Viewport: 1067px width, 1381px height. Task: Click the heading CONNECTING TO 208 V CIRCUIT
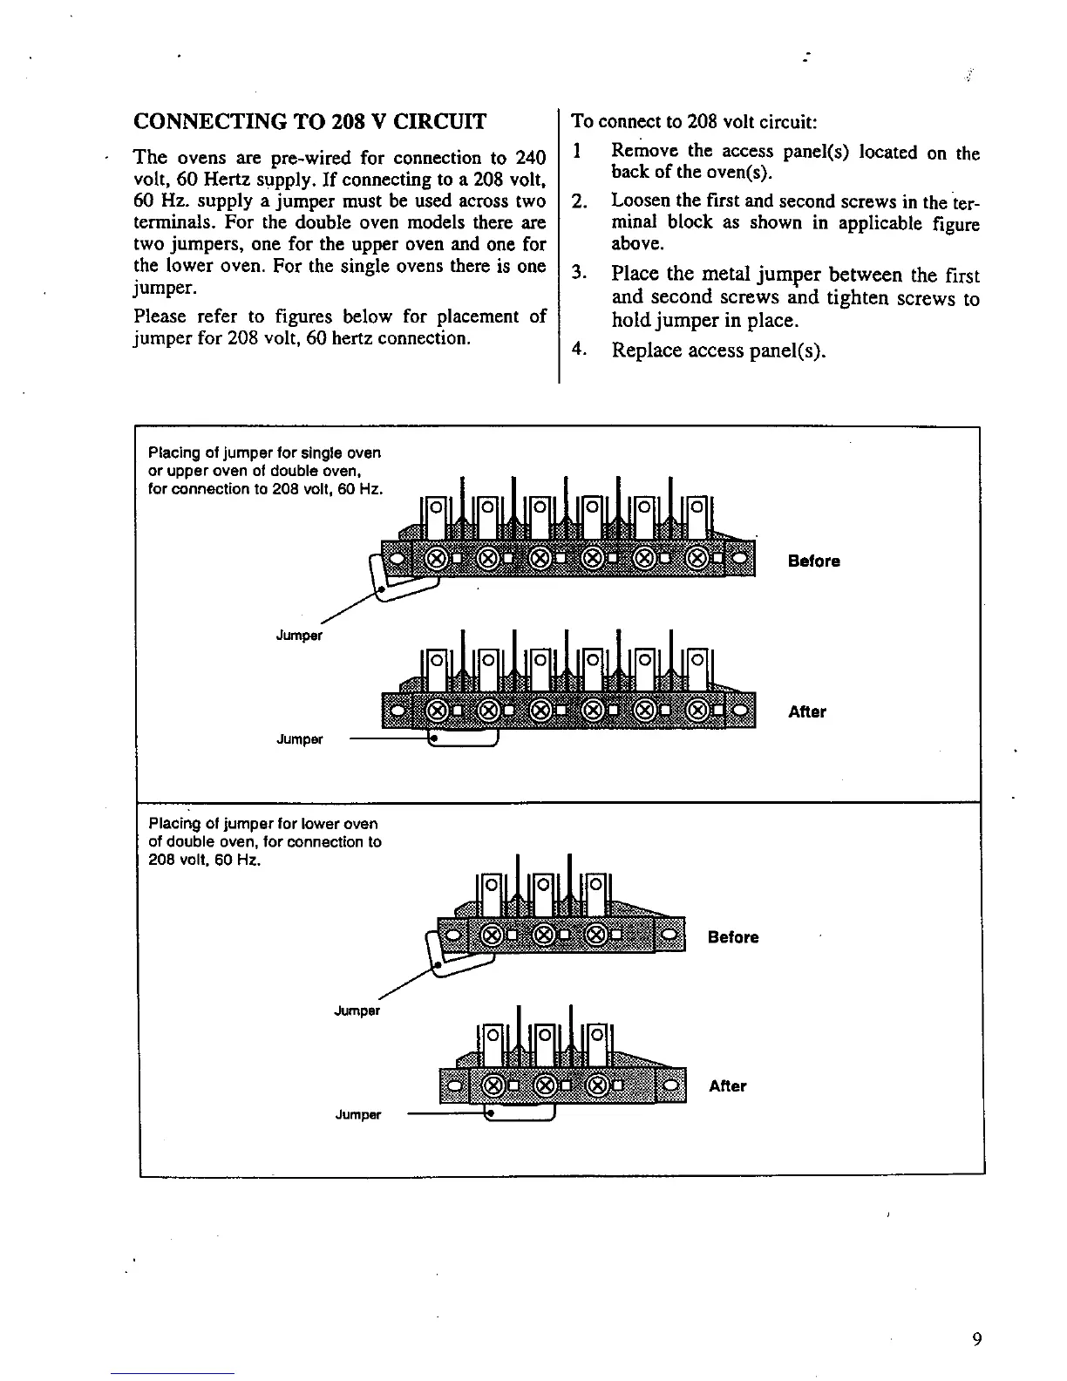click(x=309, y=121)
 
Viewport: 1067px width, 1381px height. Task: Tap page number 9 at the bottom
click(x=977, y=1340)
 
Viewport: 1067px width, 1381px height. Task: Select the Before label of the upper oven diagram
click(x=813, y=561)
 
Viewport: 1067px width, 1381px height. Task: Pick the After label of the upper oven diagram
click(x=807, y=712)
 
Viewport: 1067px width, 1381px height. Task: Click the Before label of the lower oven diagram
click(x=733, y=938)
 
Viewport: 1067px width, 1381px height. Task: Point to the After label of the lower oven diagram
click(x=728, y=1086)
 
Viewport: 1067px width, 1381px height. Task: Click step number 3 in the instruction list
click(x=578, y=275)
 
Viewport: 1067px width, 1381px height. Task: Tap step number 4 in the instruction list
click(x=577, y=350)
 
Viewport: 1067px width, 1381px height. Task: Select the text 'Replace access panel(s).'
click(x=718, y=351)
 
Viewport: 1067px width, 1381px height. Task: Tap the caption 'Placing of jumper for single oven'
click(x=265, y=453)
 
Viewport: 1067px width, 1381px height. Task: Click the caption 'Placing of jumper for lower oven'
click(x=263, y=824)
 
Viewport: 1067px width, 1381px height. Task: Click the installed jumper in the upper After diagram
click(x=465, y=740)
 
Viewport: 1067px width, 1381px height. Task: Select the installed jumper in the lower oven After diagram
click(x=520, y=1115)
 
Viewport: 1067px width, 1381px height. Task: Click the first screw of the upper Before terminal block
click(x=438, y=557)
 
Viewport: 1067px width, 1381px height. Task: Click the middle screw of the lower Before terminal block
click(x=542, y=935)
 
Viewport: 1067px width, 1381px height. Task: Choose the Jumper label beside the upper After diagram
click(x=299, y=740)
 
